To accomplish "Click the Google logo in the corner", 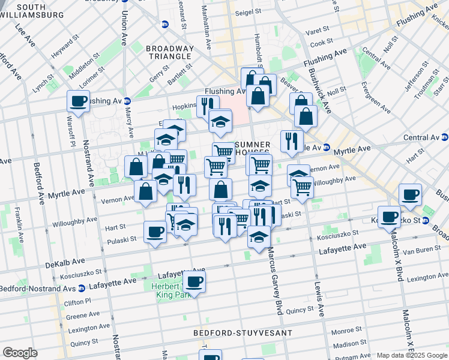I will click(20, 353).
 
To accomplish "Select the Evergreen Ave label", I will click(376, 97).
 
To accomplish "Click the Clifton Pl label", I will click(78, 301).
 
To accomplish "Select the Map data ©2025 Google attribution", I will click(411, 355).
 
